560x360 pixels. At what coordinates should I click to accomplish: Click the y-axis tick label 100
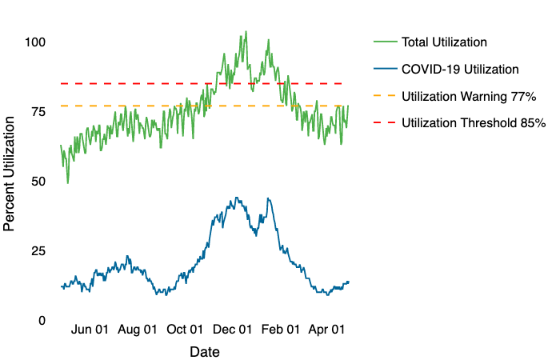[34, 42]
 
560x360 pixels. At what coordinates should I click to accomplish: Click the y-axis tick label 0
[41, 320]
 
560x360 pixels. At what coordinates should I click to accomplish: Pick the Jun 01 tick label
[90, 330]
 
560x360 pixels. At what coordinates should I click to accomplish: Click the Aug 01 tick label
[138, 330]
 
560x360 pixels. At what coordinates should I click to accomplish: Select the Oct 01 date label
[186, 330]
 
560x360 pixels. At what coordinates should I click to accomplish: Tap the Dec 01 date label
[234, 330]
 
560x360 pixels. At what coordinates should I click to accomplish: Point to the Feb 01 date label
[282, 330]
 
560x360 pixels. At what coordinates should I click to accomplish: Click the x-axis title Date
[205, 352]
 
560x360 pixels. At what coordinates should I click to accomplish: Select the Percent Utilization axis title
[10, 173]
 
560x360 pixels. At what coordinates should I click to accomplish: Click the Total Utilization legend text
[445, 42]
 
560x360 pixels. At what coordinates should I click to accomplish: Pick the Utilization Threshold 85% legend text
[474, 123]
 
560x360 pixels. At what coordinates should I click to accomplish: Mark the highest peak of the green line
[246, 32]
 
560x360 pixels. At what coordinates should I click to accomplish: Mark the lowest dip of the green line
[67, 182]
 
